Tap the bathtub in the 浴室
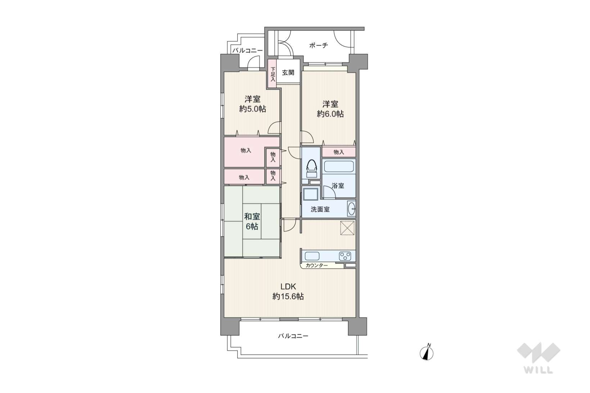pos(339,166)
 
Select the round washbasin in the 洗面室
pos(352,209)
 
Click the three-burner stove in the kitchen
pos(345,256)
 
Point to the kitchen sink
pos(312,256)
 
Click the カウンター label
pos(316,265)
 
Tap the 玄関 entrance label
pos(288,73)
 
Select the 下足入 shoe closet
pos(273,74)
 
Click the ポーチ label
pos(319,46)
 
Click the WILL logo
pos(539,358)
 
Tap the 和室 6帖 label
pos(252,221)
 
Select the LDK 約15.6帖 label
pos(288,292)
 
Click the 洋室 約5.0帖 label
pos(253,104)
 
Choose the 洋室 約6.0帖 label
pos(330,109)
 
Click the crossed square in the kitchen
pos(347,228)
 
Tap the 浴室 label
pos(338,186)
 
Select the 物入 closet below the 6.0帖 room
pos(339,152)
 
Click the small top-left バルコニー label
pos(247,51)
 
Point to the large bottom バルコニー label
pos(293,336)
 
